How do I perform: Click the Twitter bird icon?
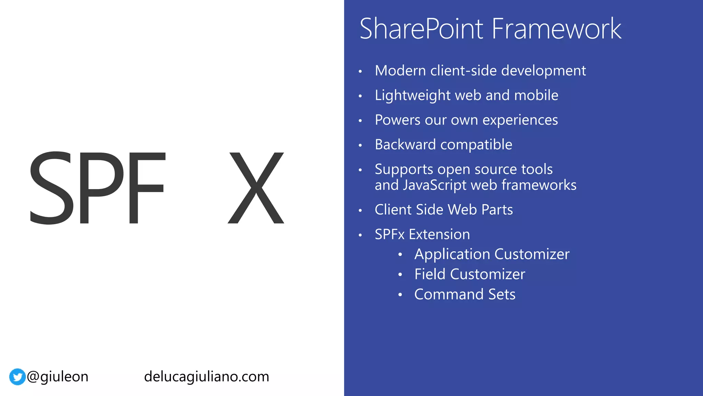coord(17,377)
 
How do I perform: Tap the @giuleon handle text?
coord(58,377)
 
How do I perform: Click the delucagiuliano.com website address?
coord(206,377)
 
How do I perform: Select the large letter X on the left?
coord(256,188)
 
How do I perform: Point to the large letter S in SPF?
coord(51,188)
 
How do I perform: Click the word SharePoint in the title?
coord(422,29)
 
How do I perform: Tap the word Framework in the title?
coord(556,29)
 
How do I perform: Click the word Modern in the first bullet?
coord(400,71)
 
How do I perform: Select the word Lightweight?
coord(412,96)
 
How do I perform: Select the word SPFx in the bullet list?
coord(390,234)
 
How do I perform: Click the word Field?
coord(429,274)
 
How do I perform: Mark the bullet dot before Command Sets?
coord(400,295)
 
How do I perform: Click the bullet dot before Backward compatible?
coord(360,145)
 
